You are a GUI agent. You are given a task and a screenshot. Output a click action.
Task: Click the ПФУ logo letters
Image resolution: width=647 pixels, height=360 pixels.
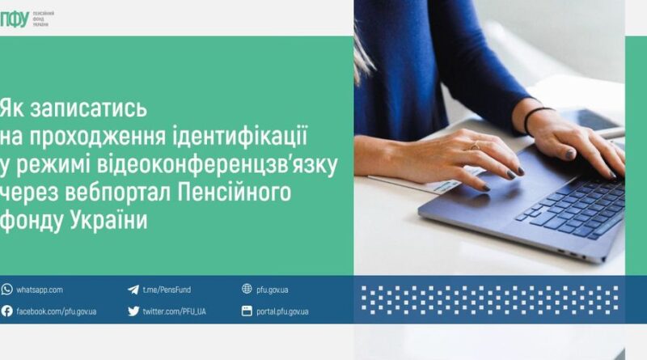click(x=15, y=19)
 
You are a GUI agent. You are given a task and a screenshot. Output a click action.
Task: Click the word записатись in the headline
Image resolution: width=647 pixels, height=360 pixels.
click(x=89, y=108)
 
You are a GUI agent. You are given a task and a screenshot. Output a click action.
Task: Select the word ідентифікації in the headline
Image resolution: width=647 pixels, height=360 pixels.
click(x=240, y=136)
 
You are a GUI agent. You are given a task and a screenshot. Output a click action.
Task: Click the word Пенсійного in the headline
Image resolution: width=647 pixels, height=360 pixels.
click(x=235, y=192)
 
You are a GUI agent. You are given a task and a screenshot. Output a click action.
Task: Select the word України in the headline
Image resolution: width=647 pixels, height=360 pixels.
click(x=108, y=220)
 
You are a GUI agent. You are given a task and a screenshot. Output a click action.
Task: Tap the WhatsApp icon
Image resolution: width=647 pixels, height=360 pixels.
click(x=6, y=290)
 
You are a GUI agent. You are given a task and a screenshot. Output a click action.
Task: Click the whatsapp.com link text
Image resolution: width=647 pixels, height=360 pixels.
click(x=40, y=290)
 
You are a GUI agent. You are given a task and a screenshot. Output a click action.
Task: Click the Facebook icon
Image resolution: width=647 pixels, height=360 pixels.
click(x=6, y=311)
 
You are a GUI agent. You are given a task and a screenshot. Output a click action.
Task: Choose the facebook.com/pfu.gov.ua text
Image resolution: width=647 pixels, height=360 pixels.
click(x=57, y=311)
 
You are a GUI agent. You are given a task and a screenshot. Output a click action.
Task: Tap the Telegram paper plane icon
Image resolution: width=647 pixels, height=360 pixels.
click(x=133, y=290)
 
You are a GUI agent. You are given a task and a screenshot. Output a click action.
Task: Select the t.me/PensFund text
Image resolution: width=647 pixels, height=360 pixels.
click(x=167, y=290)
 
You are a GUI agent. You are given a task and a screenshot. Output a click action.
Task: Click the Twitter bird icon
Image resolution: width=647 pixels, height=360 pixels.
click(x=133, y=311)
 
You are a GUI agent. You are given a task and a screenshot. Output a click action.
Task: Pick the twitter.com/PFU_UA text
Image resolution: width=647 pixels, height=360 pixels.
click(x=174, y=311)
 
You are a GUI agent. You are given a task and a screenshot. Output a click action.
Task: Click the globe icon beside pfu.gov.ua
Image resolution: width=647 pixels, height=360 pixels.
click(x=247, y=289)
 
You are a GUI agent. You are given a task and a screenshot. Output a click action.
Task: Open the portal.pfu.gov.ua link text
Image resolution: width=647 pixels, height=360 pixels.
click(x=282, y=311)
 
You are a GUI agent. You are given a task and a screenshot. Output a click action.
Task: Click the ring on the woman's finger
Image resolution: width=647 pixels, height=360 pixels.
click(x=476, y=146)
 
